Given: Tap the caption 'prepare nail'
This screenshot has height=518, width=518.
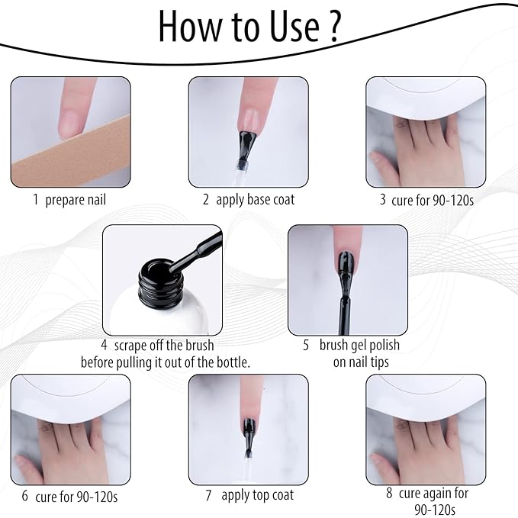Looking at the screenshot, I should (76, 200).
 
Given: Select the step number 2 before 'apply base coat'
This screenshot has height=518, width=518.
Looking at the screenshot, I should (206, 200).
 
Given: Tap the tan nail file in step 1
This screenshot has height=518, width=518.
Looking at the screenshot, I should (61, 156).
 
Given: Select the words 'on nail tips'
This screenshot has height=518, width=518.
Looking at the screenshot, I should (360, 362).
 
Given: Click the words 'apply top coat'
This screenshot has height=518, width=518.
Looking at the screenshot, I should (257, 495).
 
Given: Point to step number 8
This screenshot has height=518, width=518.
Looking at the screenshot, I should (389, 493).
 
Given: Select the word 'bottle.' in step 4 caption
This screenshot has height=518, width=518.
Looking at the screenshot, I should (230, 362).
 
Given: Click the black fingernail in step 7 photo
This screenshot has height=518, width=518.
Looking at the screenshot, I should (249, 427).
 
